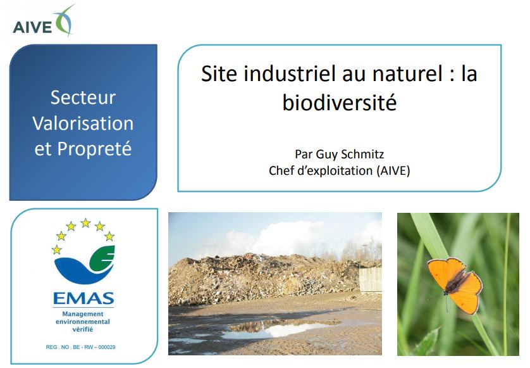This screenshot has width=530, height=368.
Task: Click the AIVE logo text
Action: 32,27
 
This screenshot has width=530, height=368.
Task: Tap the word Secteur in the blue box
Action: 83,98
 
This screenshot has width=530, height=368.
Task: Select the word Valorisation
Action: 83,123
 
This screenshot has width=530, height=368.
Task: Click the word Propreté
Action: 94,149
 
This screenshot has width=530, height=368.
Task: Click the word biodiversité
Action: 340,102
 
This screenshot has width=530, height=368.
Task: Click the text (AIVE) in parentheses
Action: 393,170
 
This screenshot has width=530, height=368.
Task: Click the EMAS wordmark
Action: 83,298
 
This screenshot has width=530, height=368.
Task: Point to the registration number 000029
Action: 107,347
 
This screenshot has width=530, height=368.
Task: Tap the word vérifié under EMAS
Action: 83,329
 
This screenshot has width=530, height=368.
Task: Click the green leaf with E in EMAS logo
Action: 102,260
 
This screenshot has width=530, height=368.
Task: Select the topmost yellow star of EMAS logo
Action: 85,222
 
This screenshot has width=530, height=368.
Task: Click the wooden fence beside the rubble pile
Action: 370,279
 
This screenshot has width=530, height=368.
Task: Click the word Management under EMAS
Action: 83,314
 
